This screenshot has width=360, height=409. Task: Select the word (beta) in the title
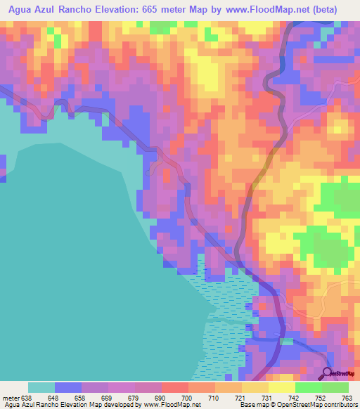tap(321, 10)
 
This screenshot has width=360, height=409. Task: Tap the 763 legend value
tap(347, 397)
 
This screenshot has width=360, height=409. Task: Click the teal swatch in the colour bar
tap(41, 387)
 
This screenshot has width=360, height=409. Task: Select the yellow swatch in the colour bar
tap(255, 387)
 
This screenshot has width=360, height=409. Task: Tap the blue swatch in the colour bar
tap(68, 387)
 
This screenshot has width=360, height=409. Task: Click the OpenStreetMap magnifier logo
tap(328, 373)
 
